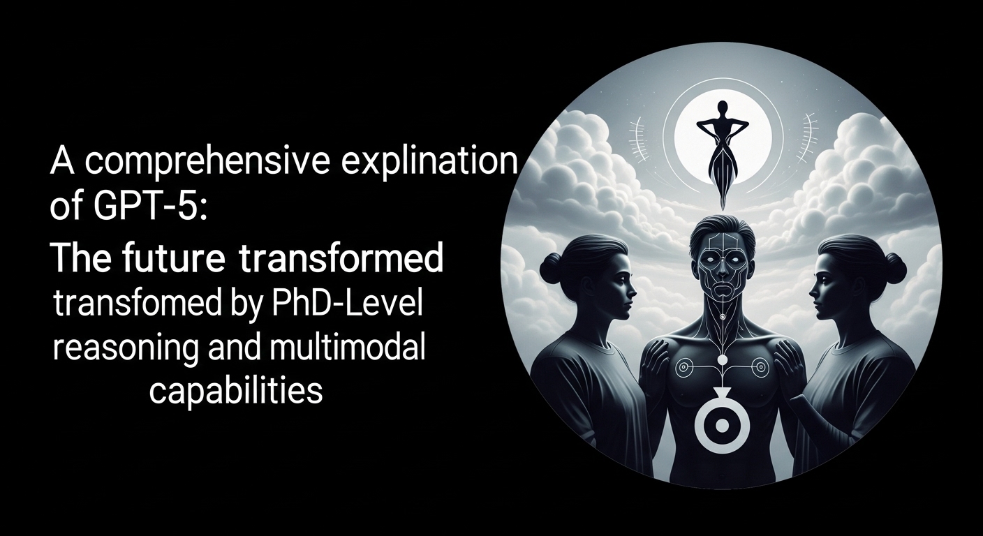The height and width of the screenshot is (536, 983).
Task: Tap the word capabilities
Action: [x=236, y=392]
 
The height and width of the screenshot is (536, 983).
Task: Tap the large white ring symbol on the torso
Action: [x=722, y=424]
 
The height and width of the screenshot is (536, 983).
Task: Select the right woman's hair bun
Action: [x=894, y=267]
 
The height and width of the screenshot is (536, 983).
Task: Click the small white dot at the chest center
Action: [x=722, y=360]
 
